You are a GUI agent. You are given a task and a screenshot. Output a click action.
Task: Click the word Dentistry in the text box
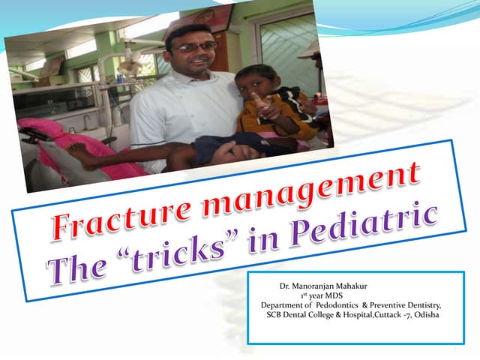pos(421,305)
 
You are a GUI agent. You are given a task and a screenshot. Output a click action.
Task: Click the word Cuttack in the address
pos(389,315)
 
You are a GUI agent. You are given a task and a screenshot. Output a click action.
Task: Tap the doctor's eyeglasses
pos(193,47)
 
